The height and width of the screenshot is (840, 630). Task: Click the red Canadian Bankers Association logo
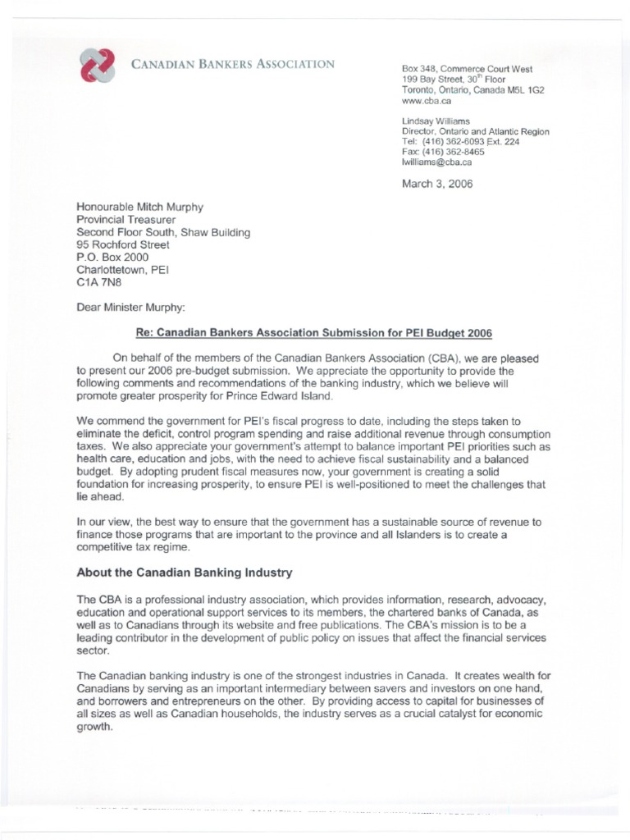point(98,65)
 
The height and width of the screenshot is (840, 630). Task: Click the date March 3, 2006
point(437,184)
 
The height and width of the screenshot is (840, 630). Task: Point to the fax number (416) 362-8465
point(443,152)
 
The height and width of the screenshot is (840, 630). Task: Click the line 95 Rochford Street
point(123,244)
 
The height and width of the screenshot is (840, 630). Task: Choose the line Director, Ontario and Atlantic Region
point(475,131)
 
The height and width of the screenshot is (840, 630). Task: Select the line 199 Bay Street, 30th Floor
point(449,80)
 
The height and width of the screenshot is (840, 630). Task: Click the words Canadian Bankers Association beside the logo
point(233,64)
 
